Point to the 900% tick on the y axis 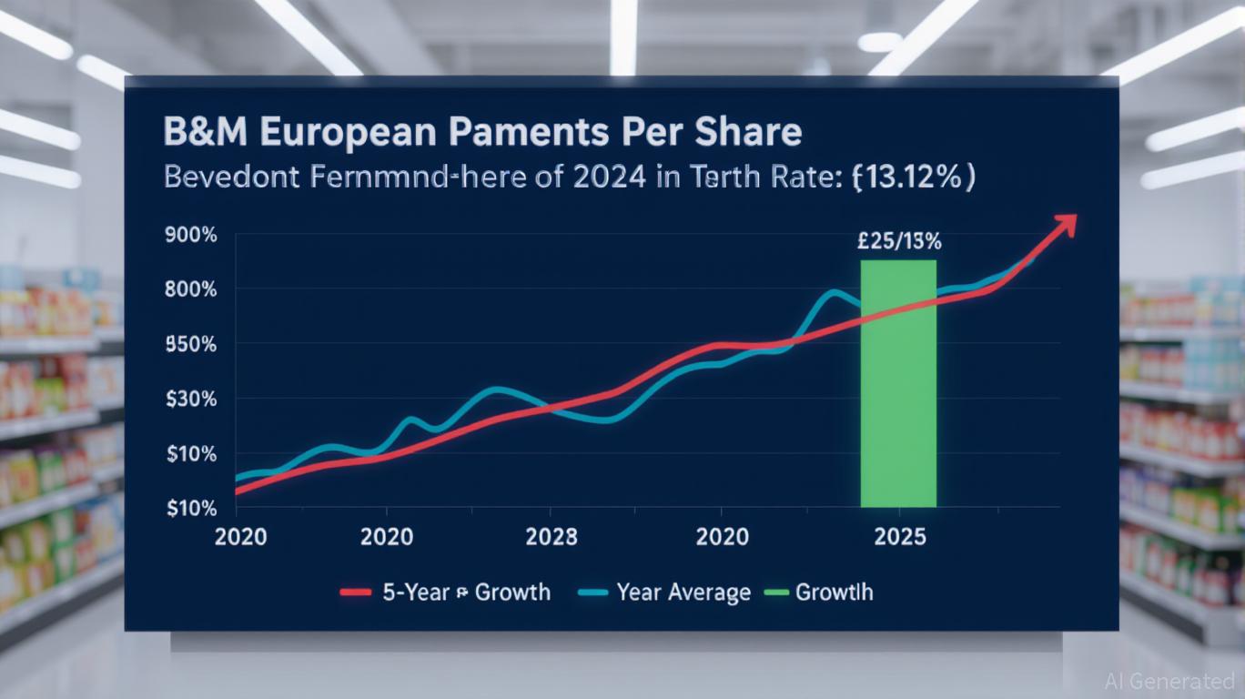click(x=190, y=235)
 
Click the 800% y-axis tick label click(x=190, y=289)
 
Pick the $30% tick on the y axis click(x=190, y=399)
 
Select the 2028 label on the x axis click(x=551, y=537)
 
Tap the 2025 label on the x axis click(x=899, y=537)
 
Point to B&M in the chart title click(x=207, y=133)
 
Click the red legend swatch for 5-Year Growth click(x=355, y=593)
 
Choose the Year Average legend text click(x=683, y=593)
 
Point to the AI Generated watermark click(x=1169, y=681)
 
